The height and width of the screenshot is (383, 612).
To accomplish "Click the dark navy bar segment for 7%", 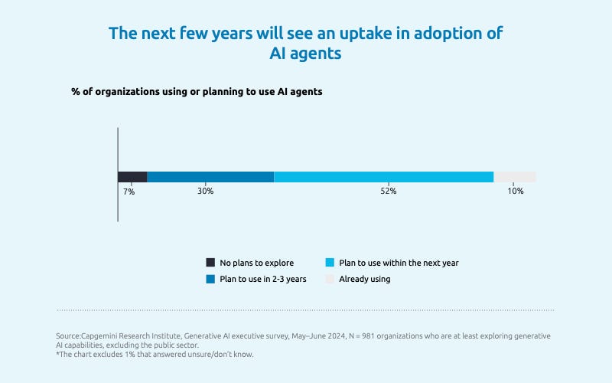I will click(132, 177).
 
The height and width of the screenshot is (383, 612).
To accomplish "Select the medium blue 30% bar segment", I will click(210, 177).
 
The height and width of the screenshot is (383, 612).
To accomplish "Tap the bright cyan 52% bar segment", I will click(383, 177).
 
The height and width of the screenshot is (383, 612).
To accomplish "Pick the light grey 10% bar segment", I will click(515, 177).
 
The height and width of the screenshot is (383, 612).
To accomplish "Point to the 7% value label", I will click(129, 191).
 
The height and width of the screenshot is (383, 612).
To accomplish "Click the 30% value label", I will click(205, 191).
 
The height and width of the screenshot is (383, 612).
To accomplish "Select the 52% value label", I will click(388, 191).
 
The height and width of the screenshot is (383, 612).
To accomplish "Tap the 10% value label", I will click(516, 191).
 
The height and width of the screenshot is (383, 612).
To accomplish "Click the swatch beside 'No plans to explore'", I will click(210, 263).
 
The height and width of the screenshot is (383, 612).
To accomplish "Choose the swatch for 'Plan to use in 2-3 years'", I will click(210, 279).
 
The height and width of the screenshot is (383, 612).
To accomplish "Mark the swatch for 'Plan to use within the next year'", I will click(330, 263).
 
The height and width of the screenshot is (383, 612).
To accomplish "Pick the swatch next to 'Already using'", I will click(330, 279).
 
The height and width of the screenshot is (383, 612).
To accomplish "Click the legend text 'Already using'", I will click(365, 279).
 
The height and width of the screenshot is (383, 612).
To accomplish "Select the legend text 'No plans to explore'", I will click(256, 263).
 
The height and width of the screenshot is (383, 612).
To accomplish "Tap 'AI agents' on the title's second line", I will click(306, 55).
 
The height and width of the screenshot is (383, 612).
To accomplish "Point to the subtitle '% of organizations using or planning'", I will click(197, 91).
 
